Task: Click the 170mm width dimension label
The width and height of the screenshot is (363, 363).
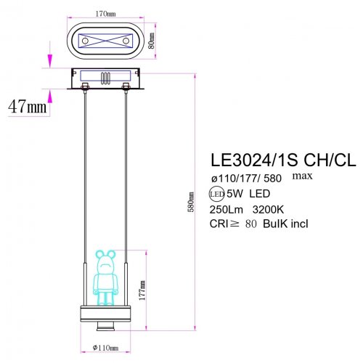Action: pos(106,14)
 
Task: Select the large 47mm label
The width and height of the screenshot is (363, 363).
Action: pos(27,106)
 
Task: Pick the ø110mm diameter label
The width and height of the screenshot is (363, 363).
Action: pos(106,348)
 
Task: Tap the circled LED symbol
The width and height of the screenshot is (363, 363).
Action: pos(216,194)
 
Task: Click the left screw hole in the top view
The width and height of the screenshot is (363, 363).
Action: pos(85,42)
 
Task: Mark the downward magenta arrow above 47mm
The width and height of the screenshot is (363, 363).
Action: pos(50,60)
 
